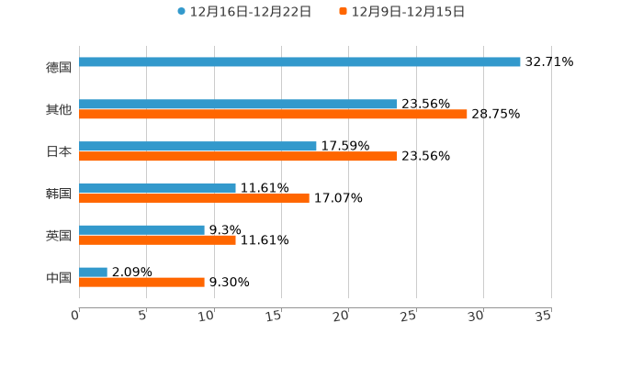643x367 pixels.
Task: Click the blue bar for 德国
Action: click(299, 62)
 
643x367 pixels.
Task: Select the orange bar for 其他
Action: click(273, 115)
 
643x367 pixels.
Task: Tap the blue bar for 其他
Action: click(238, 105)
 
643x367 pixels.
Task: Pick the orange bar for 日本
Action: click(238, 157)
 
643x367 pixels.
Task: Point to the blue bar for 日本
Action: click(197, 146)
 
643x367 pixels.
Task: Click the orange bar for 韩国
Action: click(194, 198)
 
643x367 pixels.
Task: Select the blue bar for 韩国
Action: click(157, 188)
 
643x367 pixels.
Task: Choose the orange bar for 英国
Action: click(157, 240)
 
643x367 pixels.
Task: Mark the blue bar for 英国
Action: click(141, 230)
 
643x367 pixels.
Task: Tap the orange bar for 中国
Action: click(141, 283)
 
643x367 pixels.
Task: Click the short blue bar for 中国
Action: click(93, 272)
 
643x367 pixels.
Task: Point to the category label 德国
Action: click(59, 67)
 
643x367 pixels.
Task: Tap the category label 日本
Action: click(59, 151)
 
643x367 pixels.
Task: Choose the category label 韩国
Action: click(59, 194)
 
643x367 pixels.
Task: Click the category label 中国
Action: click(59, 277)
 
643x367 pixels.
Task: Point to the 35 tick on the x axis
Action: click(543, 316)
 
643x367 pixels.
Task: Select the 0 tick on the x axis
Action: click(76, 316)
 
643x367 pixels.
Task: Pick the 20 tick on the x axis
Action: click(342, 316)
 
